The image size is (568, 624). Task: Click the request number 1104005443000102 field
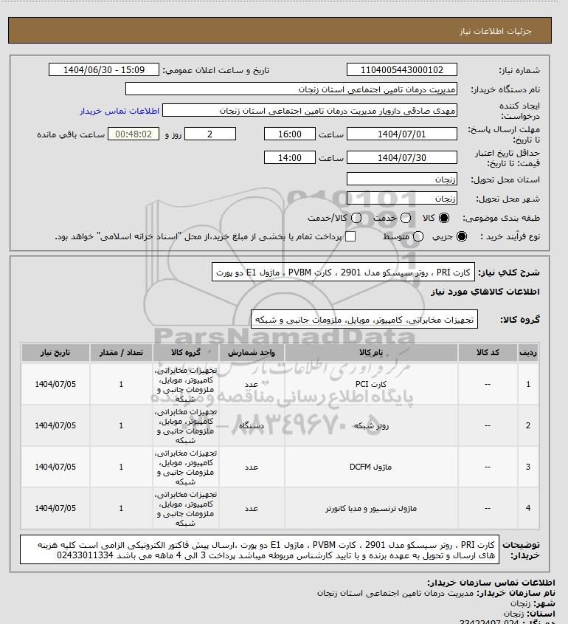click(402, 70)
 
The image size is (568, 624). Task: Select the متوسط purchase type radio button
click(418, 236)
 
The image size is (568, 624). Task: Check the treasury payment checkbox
click(350, 236)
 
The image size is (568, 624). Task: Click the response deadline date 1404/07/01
click(402, 134)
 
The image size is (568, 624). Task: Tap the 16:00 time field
click(291, 134)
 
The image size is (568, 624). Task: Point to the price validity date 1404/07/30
click(402, 158)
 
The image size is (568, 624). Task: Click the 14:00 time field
click(291, 158)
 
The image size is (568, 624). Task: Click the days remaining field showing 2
click(210, 134)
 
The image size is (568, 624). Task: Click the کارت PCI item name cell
click(360, 384)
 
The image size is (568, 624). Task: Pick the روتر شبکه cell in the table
click(360, 425)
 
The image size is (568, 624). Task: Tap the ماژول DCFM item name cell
click(360, 467)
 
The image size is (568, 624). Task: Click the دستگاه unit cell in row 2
click(250, 425)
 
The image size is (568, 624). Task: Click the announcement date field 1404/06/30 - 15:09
click(103, 70)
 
